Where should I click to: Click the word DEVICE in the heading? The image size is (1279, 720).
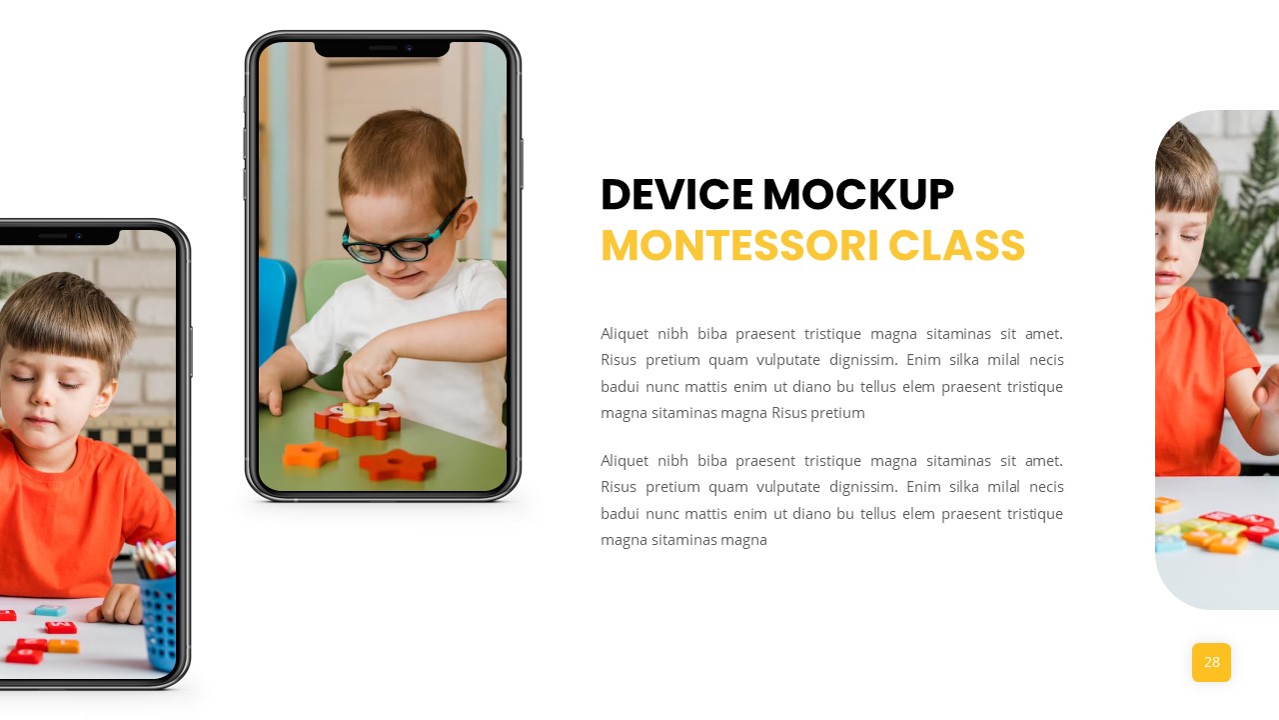click(676, 195)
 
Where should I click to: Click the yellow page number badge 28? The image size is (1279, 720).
click(1211, 662)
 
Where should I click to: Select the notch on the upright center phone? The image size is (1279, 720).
click(383, 48)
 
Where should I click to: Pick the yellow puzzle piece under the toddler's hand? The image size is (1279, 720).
click(361, 410)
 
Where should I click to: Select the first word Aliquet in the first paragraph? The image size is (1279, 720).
click(625, 333)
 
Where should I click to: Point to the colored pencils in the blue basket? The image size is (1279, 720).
click(155, 557)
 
